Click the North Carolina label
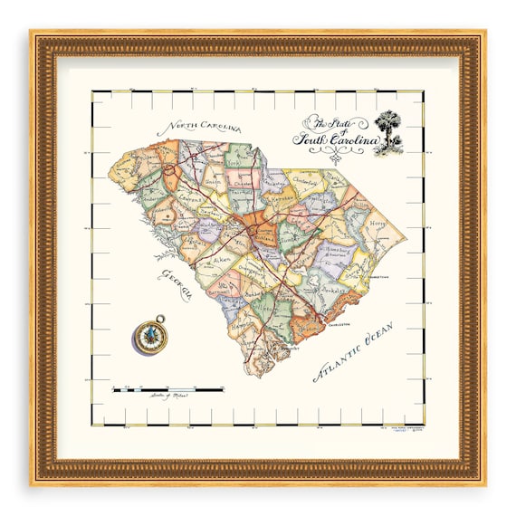pyautogui.click(x=193, y=126)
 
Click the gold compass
pyautogui.click(x=150, y=337)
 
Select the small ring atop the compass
pyautogui.click(x=160, y=319)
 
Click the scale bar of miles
pyautogui.click(x=168, y=389)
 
